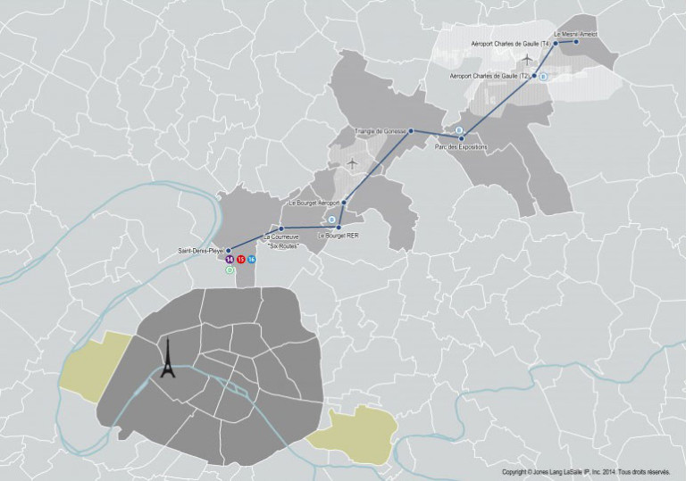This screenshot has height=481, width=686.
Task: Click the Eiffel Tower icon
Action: coord(166,361)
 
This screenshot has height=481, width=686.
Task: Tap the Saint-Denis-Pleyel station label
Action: coord(201,251)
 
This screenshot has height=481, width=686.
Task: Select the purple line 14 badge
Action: coord(230,259)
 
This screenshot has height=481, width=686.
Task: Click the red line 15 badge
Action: coord(241,259)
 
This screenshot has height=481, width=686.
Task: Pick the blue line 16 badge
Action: coord(252,259)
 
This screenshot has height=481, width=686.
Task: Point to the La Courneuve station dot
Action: coord(280,228)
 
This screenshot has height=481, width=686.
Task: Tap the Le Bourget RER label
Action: coord(337,236)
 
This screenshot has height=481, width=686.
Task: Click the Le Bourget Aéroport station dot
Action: coord(344,203)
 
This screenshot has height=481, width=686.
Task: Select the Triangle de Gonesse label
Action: coord(381,131)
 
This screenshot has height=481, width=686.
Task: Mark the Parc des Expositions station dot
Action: coord(461,137)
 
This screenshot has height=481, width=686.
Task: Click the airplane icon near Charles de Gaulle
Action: coord(527,59)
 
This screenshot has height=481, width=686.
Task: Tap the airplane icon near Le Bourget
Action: coord(352,163)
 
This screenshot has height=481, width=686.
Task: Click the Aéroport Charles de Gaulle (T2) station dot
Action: coord(534,77)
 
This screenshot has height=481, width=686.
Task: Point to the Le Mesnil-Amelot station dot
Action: coord(576,41)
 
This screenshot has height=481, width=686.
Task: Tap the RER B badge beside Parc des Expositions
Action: coord(459,130)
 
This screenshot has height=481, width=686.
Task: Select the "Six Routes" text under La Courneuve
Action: coord(281,245)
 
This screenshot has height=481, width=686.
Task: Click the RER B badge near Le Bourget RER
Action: coord(331,219)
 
